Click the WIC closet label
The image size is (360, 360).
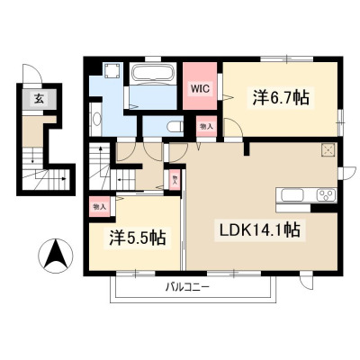[200, 88]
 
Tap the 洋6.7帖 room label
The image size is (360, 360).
[281, 97]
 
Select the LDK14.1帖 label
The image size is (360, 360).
[260, 230]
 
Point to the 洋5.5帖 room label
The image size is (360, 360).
[138, 238]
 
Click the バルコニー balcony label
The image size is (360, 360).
[188, 287]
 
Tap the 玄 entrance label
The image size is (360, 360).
[39, 98]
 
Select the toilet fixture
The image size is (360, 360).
[175, 126]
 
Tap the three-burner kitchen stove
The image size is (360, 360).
[327, 195]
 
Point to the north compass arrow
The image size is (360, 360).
[56, 256]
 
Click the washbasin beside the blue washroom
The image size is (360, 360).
[96, 120]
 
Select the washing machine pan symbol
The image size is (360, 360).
[113, 71]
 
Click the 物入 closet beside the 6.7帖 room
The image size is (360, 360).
[206, 127]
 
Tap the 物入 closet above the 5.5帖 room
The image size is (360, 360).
[100, 206]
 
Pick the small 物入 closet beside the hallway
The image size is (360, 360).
[175, 180]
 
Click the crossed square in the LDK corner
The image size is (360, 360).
[328, 150]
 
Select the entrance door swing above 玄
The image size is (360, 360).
[32, 73]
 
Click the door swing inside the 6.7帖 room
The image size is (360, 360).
[233, 128]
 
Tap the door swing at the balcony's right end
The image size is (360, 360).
[308, 282]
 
